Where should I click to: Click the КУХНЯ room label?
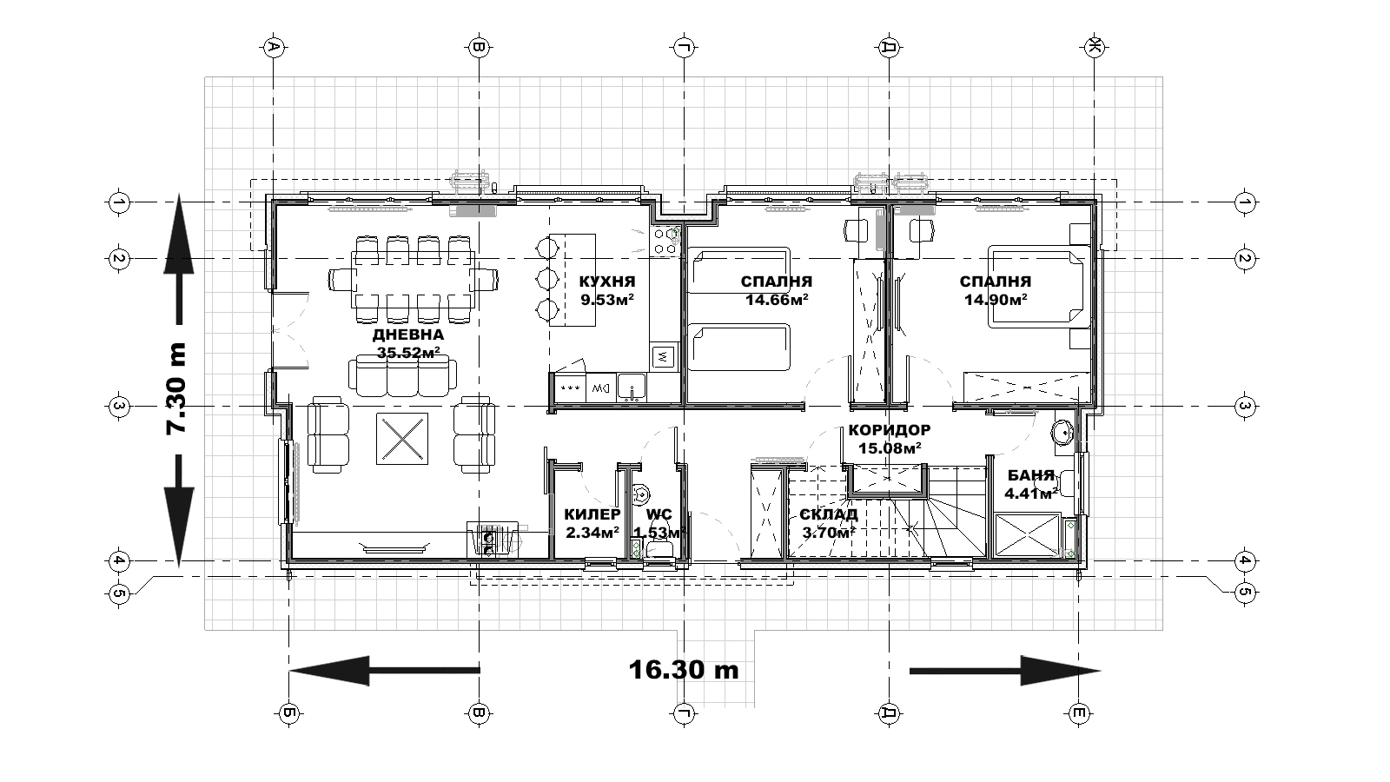[x=607, y=282]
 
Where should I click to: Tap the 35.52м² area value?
[x=408, y=353]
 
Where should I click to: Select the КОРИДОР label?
[x=890, y=430]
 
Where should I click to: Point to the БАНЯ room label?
[x=1030, y=476]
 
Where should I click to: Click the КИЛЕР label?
[x=592, y=514]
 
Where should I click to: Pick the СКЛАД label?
[x=829, y=514]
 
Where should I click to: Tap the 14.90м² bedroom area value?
[x=996, y=300]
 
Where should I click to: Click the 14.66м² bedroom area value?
[x=777, y=300]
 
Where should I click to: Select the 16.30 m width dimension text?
[x=684, y=670]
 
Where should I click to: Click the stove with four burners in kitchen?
[x=665, y=241]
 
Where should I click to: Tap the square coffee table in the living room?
[x=402, y=438]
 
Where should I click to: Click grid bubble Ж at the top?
[x=1095, y=47]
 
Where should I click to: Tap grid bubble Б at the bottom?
[x=289, y=713]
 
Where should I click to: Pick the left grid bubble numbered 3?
[x=118, y=407]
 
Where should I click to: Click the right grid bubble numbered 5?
[x=1244, y=593]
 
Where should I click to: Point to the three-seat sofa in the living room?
[x=403, y=376]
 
